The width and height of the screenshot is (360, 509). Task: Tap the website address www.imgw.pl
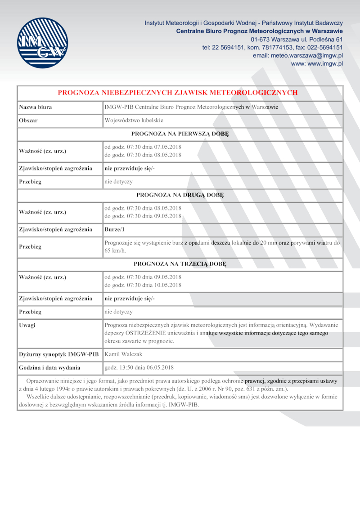coord(317,64)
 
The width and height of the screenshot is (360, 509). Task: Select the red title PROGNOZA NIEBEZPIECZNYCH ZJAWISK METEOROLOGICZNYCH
coord(178,93)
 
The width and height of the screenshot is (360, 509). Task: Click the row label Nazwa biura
coord(36,107)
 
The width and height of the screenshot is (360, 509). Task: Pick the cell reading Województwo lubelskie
coord(134,121)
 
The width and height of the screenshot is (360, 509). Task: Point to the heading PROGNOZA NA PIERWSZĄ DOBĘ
coord(180,134)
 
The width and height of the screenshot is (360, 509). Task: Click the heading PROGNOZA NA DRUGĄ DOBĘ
coord(180,195)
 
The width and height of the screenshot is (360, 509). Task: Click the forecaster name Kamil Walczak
coord(123,354)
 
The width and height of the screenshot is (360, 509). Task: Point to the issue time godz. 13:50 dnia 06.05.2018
coord(139,367)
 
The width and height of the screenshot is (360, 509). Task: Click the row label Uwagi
coord(27,325)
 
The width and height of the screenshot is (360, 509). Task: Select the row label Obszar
coord(28,121)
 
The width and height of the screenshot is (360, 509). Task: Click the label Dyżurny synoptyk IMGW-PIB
coord(58,354)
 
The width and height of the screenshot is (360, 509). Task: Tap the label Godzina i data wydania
coord(49,367)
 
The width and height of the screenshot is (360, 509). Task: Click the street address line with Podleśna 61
coord(303,39)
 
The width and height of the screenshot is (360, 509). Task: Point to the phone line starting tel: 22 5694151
coord(273,47)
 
